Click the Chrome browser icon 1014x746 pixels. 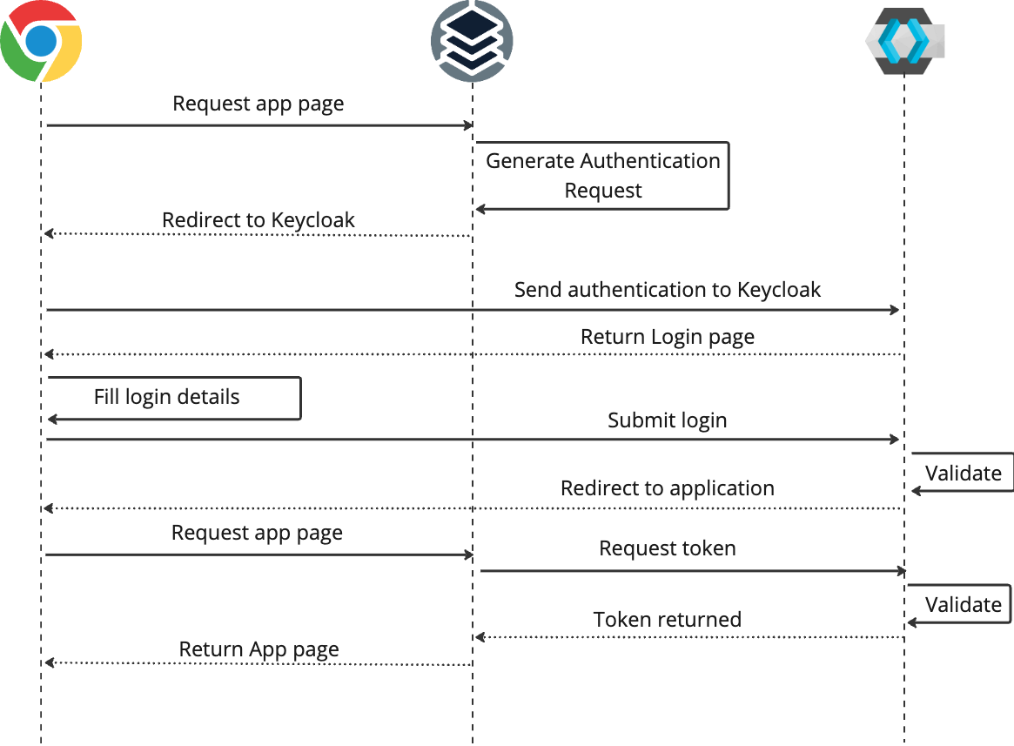(x=41, y=41)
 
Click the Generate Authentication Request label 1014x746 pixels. (x=602, y=175)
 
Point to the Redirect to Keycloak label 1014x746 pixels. (x=259, y=219)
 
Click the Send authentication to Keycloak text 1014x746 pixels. (x=667, y=289)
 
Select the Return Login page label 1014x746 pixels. (x=667, y=336)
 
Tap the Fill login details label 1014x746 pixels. (x=166, y=397)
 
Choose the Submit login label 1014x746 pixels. (x=667, y=420)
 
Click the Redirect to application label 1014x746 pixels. (x=667, y=488)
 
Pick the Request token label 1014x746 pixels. (x=667, y=548)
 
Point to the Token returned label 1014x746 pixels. (x=667, y=619)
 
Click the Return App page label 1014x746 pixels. (x=259, y=649)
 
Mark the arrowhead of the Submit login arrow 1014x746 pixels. (x=895, y=440)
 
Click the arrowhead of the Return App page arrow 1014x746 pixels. (x=50, y=663)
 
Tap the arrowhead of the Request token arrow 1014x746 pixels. (x=902, y=571)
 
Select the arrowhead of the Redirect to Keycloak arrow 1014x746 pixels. (x=50, y=233)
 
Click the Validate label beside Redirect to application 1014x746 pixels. (x=963, y=474)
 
